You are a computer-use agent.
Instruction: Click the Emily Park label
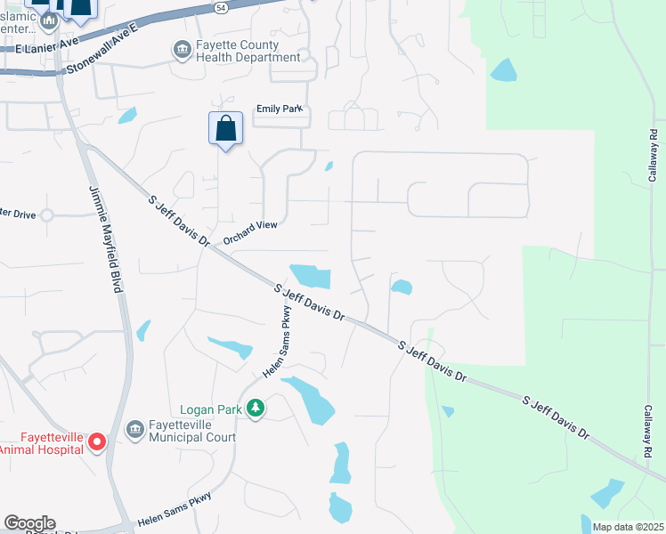pyautogui.click(x=280, y=109)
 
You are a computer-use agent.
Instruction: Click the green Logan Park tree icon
pyautogui.click(x=256, y=409)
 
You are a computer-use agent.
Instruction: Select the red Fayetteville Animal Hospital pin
pyautogui.click(x=98, y=441)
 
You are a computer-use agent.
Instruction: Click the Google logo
pyautogui.click(x=29, y=523)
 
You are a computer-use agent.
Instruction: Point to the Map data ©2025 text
pyautogui.click(x=628, y=527)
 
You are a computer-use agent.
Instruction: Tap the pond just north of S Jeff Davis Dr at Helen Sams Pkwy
pyautogui.click(x=311, y=276)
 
